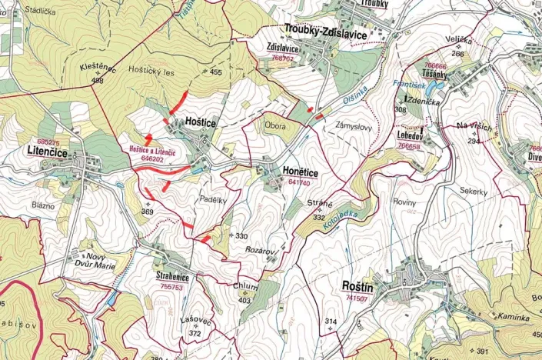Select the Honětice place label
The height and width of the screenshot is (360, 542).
[x=291, y=173]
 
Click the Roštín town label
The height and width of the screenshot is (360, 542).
[x=360, y=287]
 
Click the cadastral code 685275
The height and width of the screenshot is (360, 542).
[x=48, y=142]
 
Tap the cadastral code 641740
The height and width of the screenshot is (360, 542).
[x=298, y=183]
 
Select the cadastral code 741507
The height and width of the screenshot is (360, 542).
[x=356, y=298]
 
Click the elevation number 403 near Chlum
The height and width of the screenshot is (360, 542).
[x=245, y=301]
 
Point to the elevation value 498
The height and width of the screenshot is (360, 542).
[x=97, y=80]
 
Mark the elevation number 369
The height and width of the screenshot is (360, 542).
[x=148, y=212]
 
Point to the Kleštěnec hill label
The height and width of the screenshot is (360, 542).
[x=98, y=68]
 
